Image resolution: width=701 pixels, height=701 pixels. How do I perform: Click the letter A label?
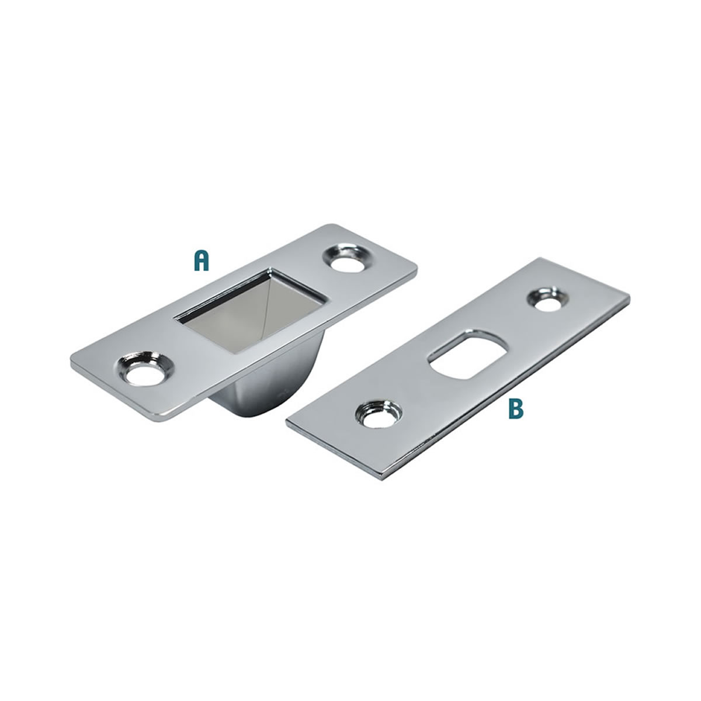click(x=201, y=261)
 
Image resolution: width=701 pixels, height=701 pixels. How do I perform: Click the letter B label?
click(x=515, y=408)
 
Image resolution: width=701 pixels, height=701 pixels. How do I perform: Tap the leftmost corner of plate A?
click(x=71, y=366)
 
